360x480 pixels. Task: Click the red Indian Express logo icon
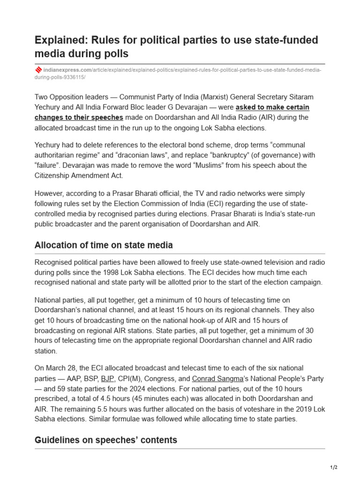tap(38, 70)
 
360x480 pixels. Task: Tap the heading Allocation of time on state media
tap(104, 245)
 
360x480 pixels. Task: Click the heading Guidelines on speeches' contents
tap(106, 440)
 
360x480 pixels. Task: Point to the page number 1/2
tap(334, 467)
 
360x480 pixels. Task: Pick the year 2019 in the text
tap(299, 409)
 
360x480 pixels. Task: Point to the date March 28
tap(58, 368)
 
